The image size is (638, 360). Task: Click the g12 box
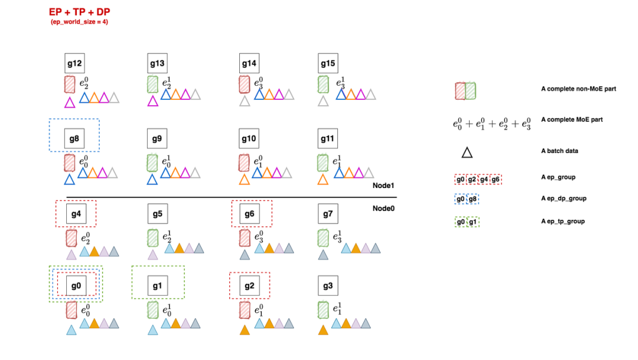click(x=75, y=63)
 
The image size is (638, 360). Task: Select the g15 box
click(x=328, y=63)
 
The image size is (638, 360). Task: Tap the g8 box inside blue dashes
click(x=74, y=140)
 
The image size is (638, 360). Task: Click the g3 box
click(x=328, y=286)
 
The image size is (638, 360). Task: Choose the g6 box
click(x=249, y=213)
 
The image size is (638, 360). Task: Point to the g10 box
click(x=249, y=140)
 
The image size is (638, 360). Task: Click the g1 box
click(x=157, y=286)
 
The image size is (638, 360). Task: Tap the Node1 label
click(x=383, y=186)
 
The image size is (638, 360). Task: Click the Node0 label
click(x=383, y=208)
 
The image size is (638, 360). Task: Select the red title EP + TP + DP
click(x=79, y=12)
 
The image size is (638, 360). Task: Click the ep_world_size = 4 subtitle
click(x=79, y=22)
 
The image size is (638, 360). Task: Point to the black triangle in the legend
click(x=467, y=153)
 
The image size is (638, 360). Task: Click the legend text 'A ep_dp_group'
click(x=564, y=199)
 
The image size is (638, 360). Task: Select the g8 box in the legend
click(x=473, y=199)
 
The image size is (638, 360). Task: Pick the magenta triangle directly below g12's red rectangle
click(x=70, y=102)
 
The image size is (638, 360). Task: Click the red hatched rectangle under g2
click(x=245, y=310)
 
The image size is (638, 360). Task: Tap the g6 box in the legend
click(x=496, y=179)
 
